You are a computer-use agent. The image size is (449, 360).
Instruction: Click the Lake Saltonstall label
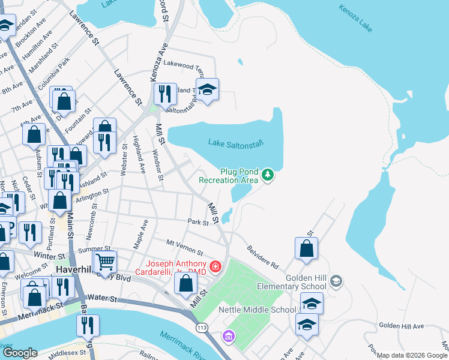[x=236, y=143]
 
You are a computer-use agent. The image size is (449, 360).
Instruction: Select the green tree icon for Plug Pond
[x=268, y=175]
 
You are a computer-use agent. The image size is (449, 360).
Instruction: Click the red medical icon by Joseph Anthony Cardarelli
[x=215, y=265]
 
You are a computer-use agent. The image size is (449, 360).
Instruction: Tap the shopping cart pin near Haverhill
[x=105, y=261]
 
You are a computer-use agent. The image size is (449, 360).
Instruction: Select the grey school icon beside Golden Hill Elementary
[x=336, y=280]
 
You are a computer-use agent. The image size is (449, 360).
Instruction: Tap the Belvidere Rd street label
[x=263, y=256]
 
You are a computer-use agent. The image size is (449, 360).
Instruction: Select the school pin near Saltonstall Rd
[x=207, y=89]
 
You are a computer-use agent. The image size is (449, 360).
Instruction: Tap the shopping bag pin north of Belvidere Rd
[x=306, y=248]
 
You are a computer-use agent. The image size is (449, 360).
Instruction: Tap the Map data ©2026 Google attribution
[x=412, y=355]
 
